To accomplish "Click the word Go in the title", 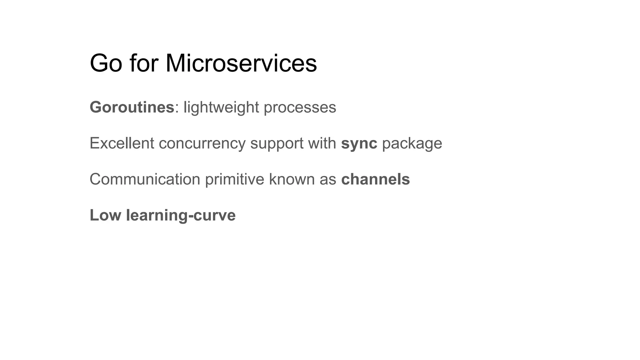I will (106, 63).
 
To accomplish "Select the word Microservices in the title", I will (241, 63).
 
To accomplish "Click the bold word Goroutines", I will (132, 107).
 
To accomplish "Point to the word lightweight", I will (221, 107).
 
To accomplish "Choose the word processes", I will (300, 107).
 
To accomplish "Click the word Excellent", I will (122, 143).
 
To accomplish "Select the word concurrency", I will (202, 143).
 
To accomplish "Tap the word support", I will (277, 143).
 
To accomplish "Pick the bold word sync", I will (359, 143).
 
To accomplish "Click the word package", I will (412, 143).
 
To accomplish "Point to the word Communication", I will (145, 179).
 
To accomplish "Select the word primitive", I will (235, 179).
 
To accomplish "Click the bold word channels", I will (375, 179).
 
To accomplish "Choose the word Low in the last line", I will (105, 215).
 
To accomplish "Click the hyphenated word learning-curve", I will (181, 215).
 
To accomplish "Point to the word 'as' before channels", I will (327, 179).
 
